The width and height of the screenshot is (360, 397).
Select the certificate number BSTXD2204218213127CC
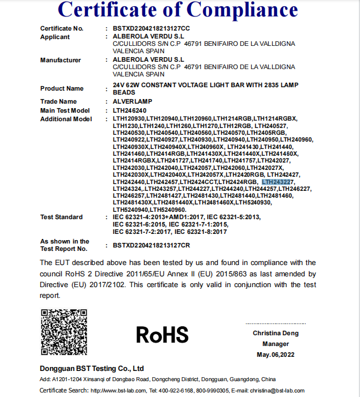click(151, 28)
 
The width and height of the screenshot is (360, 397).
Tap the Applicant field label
click(55, 37)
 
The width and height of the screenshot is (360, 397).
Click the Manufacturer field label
click(61, 60)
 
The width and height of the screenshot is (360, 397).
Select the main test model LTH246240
click(130, 110)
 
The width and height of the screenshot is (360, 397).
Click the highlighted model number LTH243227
click(277, 182)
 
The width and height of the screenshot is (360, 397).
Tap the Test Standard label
click(61, 217)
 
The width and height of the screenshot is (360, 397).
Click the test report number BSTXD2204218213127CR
click(151, 245)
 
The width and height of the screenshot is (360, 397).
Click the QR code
click(63, 332)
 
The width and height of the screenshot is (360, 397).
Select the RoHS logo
click(162, 334)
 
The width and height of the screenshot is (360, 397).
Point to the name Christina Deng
click(276, 333)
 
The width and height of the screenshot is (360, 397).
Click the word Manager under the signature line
click(276, 344)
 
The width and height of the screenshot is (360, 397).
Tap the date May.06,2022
click(276, 355)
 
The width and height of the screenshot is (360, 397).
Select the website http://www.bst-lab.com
click(117, 391)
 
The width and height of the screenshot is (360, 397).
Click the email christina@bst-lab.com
click(278, 391)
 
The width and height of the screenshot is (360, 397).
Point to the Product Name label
click(62, 88)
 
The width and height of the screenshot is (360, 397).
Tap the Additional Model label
click(66, 119)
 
